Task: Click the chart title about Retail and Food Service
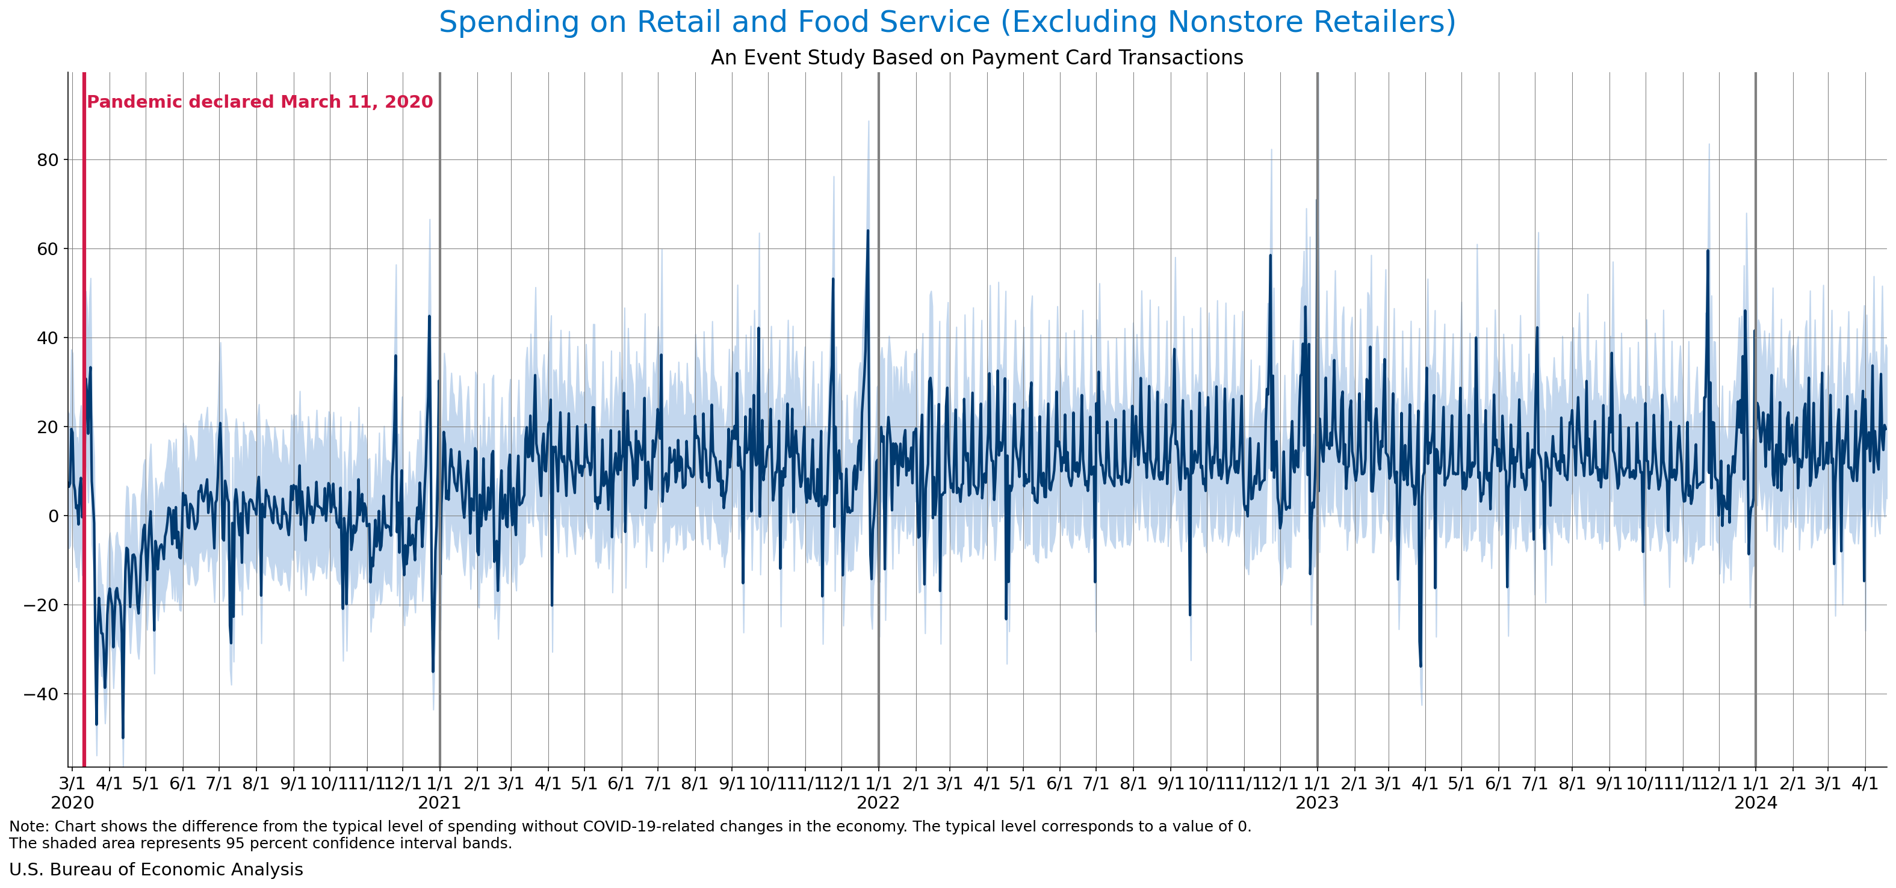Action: point(947,22)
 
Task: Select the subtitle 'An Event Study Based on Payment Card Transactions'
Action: point(977,57)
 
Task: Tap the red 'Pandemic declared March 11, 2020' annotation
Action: point(260,102)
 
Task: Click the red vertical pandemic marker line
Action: point(84,442)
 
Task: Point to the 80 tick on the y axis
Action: point(47,159)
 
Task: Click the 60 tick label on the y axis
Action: point(47,248)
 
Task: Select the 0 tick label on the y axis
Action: point(53,516)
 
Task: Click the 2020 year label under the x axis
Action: point(72,803)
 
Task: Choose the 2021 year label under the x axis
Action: point(439,803)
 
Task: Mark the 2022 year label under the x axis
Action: point(878,803)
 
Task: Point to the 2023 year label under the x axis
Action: point(1317,803)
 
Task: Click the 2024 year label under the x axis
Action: point(1755,803)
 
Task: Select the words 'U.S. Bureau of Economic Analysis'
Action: point(156,869)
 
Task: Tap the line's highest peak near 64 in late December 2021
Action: point(868,231)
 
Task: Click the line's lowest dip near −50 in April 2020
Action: point(123,737)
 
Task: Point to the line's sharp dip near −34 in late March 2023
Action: point(1420,666)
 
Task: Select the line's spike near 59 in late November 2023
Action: point(1708,251)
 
